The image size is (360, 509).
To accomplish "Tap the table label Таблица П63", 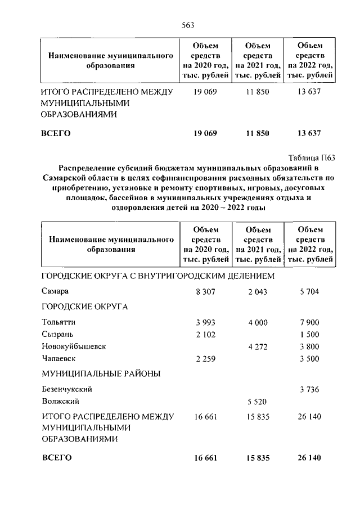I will pyautogui.click(x=311, y=157).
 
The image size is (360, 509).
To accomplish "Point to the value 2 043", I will pyautogui.click(x=257, y=292).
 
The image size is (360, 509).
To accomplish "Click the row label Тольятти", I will pyautogui.click(x=58, y=322).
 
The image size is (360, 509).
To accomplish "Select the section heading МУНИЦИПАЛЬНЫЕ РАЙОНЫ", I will pyautogui.click(x=101, y=373).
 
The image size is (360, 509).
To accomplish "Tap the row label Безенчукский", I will pyautogui.click(x=66, y=389).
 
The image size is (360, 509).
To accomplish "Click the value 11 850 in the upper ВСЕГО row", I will pyautogui.click(x=257, y=133).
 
